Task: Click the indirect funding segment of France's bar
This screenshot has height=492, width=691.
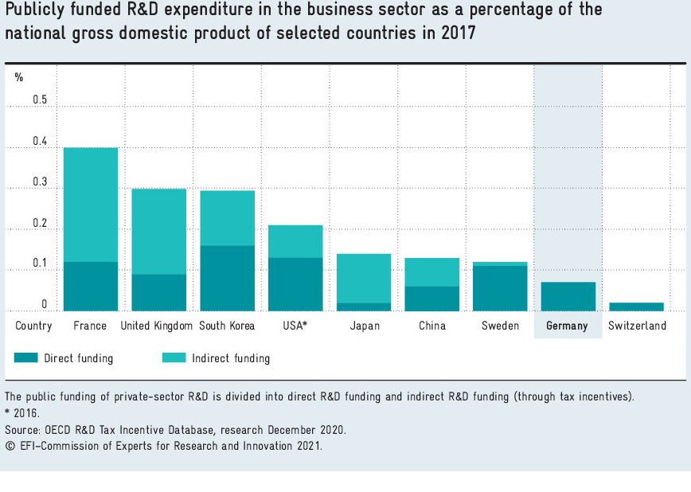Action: point(91,205)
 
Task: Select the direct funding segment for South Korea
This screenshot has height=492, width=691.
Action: point(228,278)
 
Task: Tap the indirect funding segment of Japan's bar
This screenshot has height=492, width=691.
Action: point(364,278)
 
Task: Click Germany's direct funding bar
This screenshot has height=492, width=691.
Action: point(568,296)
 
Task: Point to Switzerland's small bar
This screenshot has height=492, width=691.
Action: point(636,307)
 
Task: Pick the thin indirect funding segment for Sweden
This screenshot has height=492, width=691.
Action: point(500,264)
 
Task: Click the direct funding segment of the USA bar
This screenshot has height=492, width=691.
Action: point(295,284)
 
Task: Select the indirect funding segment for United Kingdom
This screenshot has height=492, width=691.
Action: point(159,232)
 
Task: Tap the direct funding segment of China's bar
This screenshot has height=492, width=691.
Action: point(432,299)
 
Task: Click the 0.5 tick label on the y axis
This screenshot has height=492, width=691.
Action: point(40,100)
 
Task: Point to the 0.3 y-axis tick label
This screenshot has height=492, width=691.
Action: point(40,182)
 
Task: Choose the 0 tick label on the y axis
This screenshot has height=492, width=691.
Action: point(45,305)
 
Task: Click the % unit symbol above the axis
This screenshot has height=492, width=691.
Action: point(19,77)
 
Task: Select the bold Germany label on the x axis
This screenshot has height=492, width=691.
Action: point(567,326)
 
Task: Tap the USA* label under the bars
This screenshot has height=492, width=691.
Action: point(295,326)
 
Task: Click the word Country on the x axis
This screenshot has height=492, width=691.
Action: point(33,326)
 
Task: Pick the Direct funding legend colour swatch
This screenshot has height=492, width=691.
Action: point(26,358)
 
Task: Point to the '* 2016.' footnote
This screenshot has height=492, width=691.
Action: point(22,413)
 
